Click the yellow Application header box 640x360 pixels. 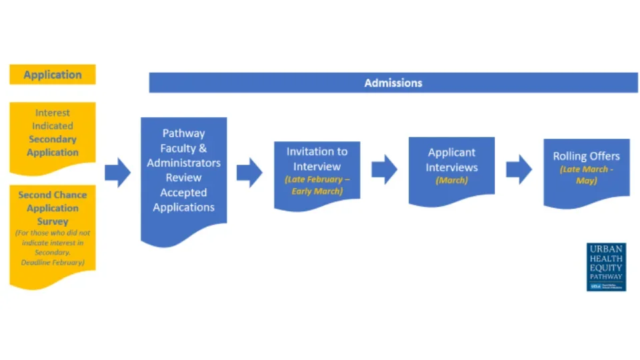pos(53,75)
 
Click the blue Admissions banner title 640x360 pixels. pos(393,83)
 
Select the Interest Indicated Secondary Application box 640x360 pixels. pos(53,133)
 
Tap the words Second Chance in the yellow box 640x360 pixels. pos(53,195)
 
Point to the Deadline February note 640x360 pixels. pos(53,263)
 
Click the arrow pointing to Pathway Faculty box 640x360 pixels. pos(117,173)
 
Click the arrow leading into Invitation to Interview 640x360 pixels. pos(249,173)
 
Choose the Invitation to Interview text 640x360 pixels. pos(317,159)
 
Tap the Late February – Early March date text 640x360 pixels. pos(317,185)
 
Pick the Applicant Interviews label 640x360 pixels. pos(451,160)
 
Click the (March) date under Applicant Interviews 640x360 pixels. pos(451,181)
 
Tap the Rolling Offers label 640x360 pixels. pos(586,157)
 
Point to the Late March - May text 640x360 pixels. pos(586,175)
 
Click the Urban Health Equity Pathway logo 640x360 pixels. pos(606,267)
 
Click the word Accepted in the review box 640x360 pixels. pos(183,193)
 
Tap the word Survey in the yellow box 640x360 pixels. pos(53,221)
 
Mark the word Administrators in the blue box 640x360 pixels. pos(183,163)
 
